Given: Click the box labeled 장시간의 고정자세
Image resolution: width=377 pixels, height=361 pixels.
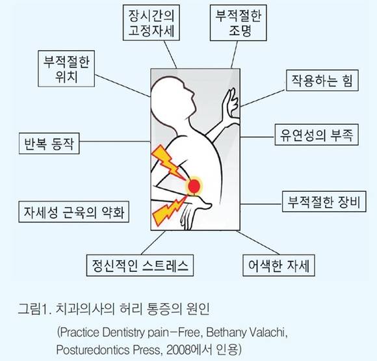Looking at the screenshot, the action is click(151, 23).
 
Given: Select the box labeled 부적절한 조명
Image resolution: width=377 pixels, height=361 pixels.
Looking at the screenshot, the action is click(239, 23).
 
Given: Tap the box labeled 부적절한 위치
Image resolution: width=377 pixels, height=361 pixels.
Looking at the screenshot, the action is click(66, 68).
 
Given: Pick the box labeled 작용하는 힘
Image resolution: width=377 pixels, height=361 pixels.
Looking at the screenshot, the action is click(322, 81).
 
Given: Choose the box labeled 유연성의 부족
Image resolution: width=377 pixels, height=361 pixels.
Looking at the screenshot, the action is click(317, 135).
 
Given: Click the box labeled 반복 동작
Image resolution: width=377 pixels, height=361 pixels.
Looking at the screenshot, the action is click(49, 144).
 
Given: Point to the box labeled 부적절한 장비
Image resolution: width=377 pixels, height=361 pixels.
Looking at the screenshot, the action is click(324, 202).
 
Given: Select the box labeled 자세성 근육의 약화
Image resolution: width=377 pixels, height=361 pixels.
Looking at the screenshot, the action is click(74, 212).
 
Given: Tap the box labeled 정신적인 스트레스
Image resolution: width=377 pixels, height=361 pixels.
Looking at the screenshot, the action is click(140, 265).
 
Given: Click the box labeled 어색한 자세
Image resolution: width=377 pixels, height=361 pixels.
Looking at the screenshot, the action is click(279, 265).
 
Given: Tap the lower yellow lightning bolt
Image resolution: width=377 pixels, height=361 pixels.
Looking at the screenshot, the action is click(168, 210).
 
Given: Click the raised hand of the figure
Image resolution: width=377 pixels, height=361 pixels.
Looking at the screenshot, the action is click(230, 103).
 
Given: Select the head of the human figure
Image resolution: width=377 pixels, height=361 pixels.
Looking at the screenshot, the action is click(172, 97).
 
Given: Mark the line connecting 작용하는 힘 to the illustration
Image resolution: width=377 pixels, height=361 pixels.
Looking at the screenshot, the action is click(263, 98).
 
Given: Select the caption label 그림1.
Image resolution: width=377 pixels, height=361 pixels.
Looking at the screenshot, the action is click(34, 308).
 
